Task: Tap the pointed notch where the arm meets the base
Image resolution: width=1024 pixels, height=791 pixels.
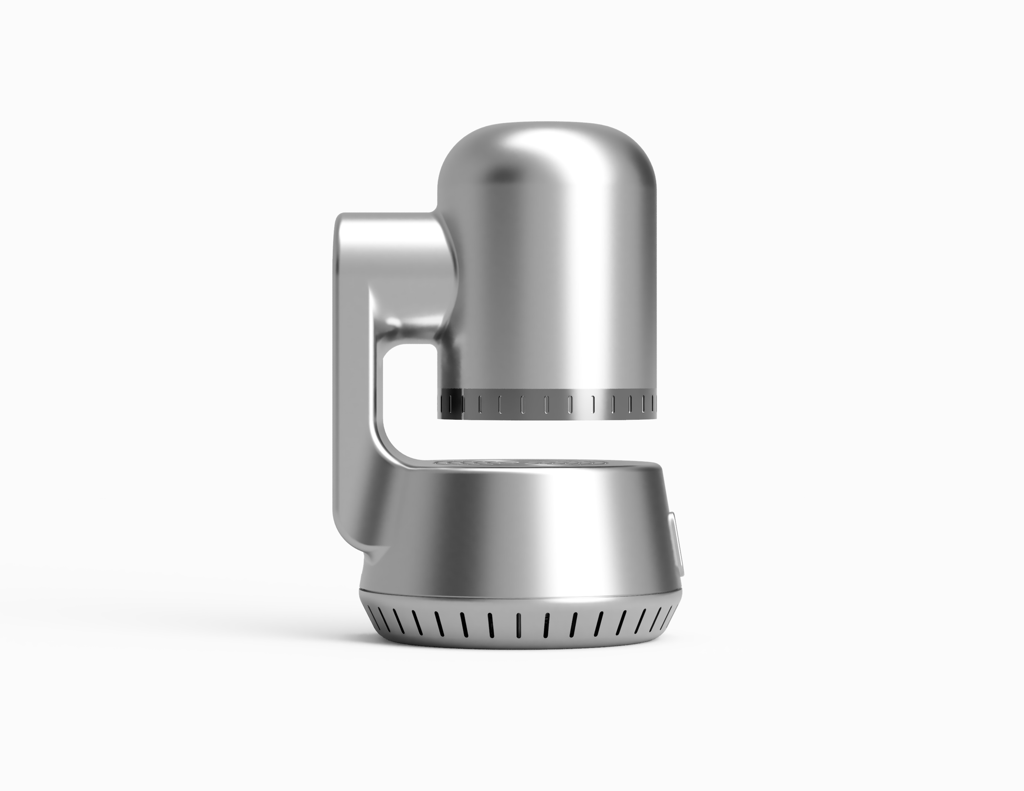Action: pyautogui.click(x=385, y=547)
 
